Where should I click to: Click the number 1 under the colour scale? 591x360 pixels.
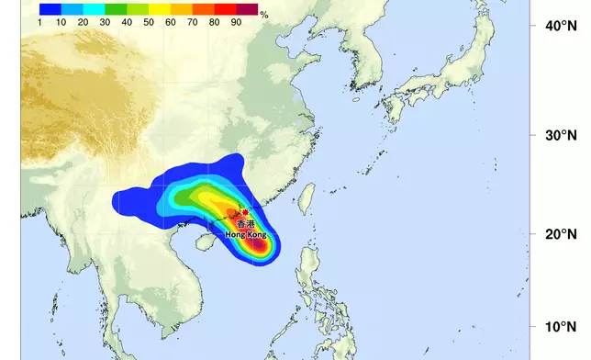tap(42, 20)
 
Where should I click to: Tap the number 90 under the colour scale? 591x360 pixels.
tap(237, 20)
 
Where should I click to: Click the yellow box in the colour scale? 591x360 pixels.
tap(160, 8)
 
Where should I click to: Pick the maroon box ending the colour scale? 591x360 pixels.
tap(247, 8)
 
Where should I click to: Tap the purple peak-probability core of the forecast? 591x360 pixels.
tap(260, 244)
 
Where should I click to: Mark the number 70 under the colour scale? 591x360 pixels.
tap(193, 20)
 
